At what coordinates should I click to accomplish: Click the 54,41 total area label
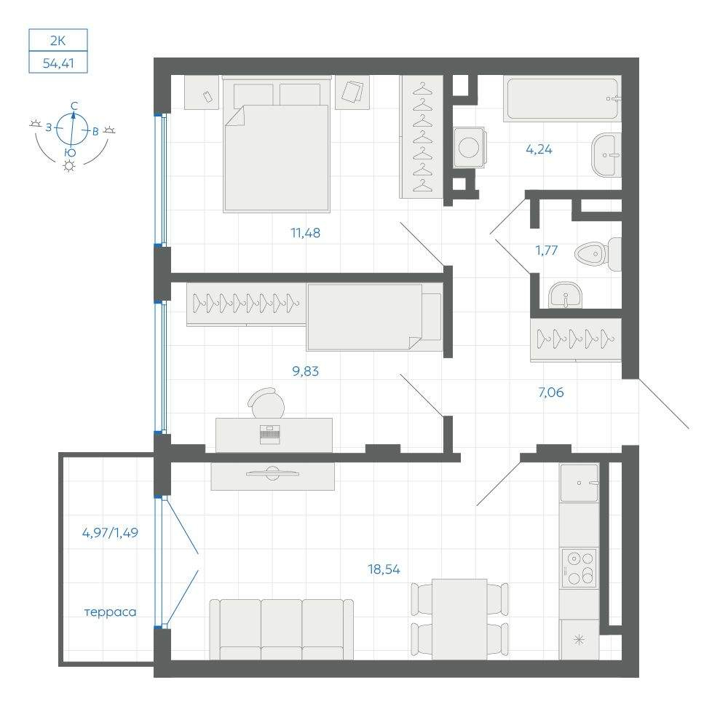[58, 63]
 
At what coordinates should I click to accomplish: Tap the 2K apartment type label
[58, 40]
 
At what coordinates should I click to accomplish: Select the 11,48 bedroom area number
[306, 233]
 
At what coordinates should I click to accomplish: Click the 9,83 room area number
[306, 371]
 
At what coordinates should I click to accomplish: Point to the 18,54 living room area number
[384, 569]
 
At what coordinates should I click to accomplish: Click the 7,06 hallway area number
[551, 392]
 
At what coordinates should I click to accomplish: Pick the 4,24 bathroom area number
[539, 149]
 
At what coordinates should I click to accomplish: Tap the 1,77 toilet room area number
[547, 250]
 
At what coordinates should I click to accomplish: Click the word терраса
[111, 612]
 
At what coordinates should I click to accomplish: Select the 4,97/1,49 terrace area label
[110, 533]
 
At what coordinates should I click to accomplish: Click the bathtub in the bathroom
[562, 99]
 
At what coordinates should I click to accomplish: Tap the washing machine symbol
[470, 147]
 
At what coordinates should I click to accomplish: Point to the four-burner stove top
[579, 567]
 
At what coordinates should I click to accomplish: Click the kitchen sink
[579, 483]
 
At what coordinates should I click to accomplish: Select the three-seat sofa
[281, 629]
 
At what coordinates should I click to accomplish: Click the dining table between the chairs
[459, 619]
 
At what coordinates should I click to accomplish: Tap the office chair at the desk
[266, 403]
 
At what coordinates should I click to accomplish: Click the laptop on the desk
[270, 434]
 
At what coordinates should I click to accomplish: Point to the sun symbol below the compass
[69, 166]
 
